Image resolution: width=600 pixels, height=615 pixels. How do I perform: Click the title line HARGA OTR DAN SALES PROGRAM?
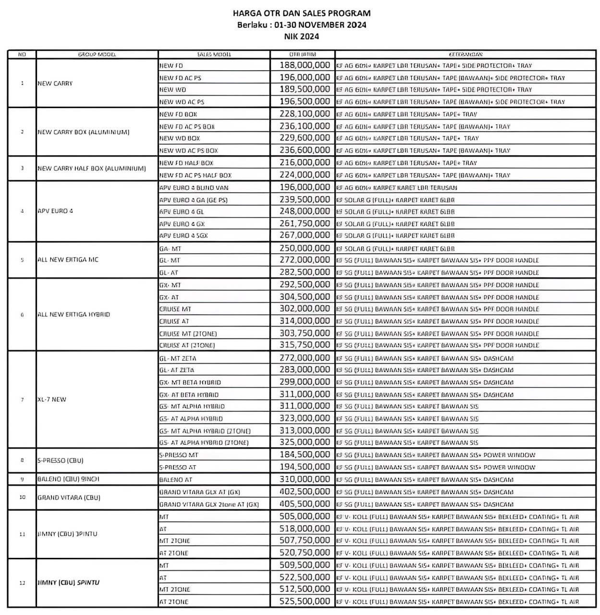(x=301, y=13)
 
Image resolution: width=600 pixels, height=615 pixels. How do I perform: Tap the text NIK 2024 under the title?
(x=301, y=36)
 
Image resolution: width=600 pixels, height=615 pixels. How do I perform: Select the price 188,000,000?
(x=305, y=65)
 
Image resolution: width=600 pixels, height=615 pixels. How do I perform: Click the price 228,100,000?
(x=305, y=114)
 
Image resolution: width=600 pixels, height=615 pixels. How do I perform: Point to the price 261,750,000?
(x=305, y=223)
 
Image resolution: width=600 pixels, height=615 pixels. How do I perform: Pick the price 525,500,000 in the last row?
(x=305, y=601)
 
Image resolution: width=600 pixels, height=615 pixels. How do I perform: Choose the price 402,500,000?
(x=305, y=492)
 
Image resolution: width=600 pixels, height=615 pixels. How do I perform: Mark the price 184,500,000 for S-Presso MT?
(x=305, y=455)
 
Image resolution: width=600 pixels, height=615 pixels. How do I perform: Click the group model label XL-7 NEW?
(x=52, y=399)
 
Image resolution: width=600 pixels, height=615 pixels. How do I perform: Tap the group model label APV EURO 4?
(x=55, y=211)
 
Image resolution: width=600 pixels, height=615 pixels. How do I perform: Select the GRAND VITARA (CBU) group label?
(x=69, y=498)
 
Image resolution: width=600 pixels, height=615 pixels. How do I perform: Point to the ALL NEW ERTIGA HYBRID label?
(x=73, y=315)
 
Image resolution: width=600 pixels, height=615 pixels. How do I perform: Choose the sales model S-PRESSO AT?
(x=178, y=467)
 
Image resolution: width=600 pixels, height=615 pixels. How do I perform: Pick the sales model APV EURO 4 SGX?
(x=184, y=235)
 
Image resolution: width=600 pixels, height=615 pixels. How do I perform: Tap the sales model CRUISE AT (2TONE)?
(x=187, y=345)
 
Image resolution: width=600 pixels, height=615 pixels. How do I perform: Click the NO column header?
(x=22, y=54)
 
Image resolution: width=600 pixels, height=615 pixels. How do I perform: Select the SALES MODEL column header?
(x=214, y=54)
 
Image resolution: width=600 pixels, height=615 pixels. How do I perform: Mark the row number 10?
(x=22, y=497)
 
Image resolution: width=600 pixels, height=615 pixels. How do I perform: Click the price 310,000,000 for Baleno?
(x=305, y=479)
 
